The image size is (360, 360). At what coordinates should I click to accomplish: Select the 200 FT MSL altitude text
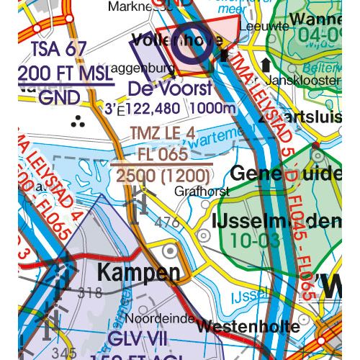[x=64, y=73]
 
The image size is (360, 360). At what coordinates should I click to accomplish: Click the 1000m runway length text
[x=214, y=108]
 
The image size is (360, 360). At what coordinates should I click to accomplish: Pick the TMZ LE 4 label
[x=163, y=134]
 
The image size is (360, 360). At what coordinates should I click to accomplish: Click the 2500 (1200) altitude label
[x=163, y=175]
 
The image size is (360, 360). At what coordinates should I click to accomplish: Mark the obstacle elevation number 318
[x=90, y=293]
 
